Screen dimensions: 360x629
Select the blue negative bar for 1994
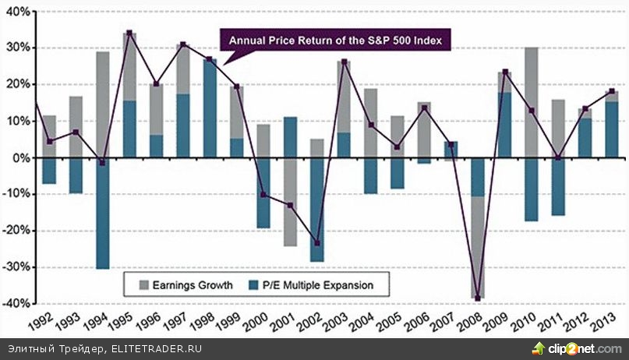point(103,213)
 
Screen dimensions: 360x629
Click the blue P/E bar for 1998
point(210,108)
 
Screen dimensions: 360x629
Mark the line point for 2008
point(478,298)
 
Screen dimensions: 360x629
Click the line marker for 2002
point(316,243)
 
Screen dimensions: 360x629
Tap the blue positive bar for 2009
point(504,125)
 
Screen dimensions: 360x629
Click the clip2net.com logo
point(572,348)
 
